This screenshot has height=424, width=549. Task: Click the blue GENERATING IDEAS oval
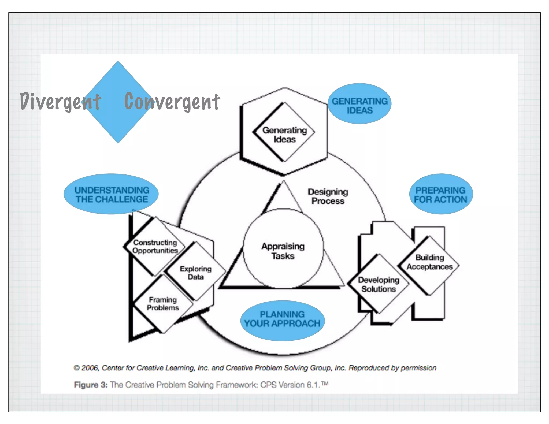(359, 104)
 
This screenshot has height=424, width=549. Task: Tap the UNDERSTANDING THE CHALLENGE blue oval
(111, 194)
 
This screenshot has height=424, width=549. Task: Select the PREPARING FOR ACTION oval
(441, 194)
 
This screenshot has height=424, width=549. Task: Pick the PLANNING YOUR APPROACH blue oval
(282, 320)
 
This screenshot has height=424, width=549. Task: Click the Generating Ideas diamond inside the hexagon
(284, 133)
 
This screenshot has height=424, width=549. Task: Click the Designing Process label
(328, 196)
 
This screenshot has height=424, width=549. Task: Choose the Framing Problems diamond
(163, 303)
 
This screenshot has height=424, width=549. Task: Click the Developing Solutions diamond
(378, 284)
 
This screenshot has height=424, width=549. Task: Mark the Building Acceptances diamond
(429, 262)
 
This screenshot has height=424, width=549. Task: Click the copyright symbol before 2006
(77, 368)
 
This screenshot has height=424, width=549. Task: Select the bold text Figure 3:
(91, 385)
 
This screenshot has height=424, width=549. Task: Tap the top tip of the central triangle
(283, 181)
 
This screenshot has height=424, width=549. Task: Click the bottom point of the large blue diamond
(118, 143)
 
